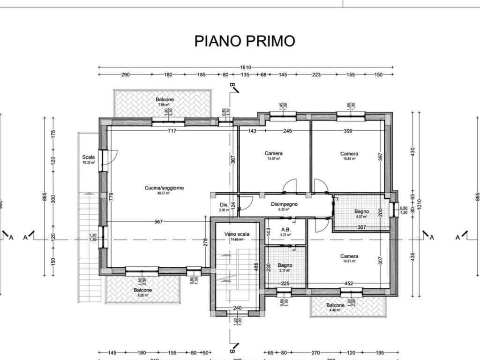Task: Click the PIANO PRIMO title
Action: pos(245,41)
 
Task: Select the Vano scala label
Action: pos(237,234)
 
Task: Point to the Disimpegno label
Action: pos(285,204)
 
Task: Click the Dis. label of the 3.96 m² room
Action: pos(224,205)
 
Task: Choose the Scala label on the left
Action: pos(88,157)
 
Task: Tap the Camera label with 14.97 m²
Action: pos(273,154)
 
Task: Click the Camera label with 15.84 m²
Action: pos(349,154)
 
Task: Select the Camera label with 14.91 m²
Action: pos(349,256)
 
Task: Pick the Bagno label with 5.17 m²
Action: pos(285,265)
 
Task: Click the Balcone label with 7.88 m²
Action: pos(165,100)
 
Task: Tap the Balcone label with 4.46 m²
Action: pos(335,305)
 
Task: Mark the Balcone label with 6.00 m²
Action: pos(142,290)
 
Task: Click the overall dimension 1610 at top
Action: pos(246,67)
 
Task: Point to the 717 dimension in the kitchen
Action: pos(172,131)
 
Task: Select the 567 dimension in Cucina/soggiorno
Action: pos(158,222)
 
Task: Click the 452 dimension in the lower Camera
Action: pos(349,283)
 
